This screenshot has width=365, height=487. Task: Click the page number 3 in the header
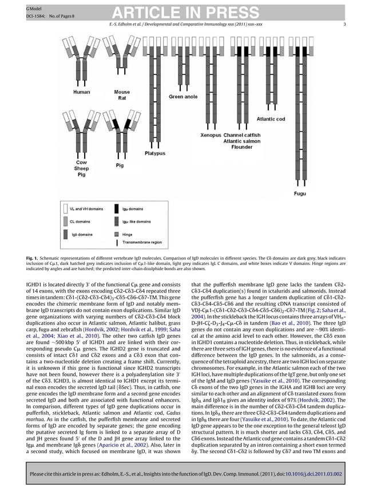(344, 24)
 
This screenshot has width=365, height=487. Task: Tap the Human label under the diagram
(82, 92)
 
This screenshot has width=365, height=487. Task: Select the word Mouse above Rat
(122, 92)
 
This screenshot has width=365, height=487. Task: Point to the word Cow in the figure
(81, 163)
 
